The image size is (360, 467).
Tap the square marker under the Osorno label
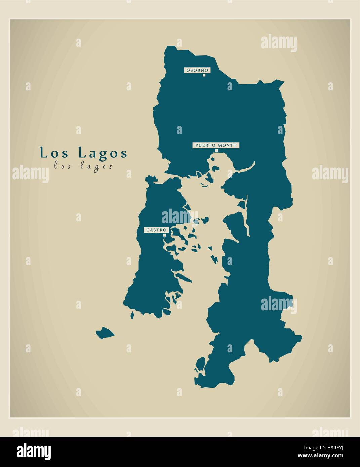click(204, 75)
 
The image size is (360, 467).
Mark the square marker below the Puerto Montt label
click(216, 151)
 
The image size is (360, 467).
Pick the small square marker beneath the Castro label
click(164, 235)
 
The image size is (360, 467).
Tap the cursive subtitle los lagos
click(83, 166)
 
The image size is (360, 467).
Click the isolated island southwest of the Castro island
click(105, 333)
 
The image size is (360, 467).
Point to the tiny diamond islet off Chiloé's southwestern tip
click(132, 315)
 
